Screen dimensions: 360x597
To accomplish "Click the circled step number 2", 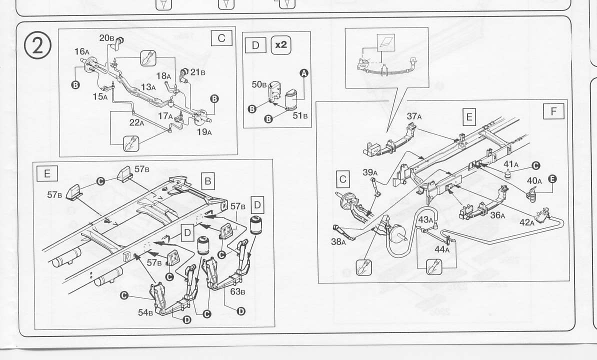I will (x=38, y=46).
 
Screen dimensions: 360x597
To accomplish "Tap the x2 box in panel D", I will (x=281, y=45).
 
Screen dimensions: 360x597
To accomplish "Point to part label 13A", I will (x=148, y=87).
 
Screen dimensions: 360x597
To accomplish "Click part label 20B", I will (x=107, y=38).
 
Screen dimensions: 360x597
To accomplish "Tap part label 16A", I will (x=82, y=51).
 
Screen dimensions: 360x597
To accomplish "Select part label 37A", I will (x=414, y=116).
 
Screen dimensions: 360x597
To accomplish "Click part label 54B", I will (x=145, y=312).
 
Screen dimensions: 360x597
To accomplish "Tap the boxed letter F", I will (x=553, y=111).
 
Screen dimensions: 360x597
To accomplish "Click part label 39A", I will (x=370, y=172).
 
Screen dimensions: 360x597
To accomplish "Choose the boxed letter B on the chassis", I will (x=207, y=180).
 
